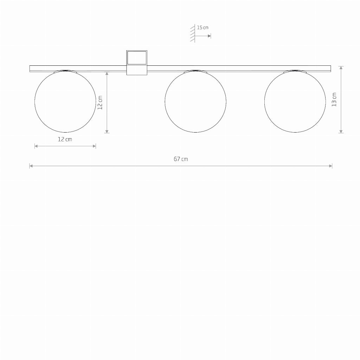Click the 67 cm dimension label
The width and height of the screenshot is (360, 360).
(181, 159)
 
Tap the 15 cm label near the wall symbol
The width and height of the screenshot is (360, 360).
(203, 27)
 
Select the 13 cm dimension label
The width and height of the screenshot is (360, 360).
(334, 99)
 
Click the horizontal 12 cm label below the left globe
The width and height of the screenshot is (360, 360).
(65, 139)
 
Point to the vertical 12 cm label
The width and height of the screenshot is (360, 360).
(100, 103)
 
